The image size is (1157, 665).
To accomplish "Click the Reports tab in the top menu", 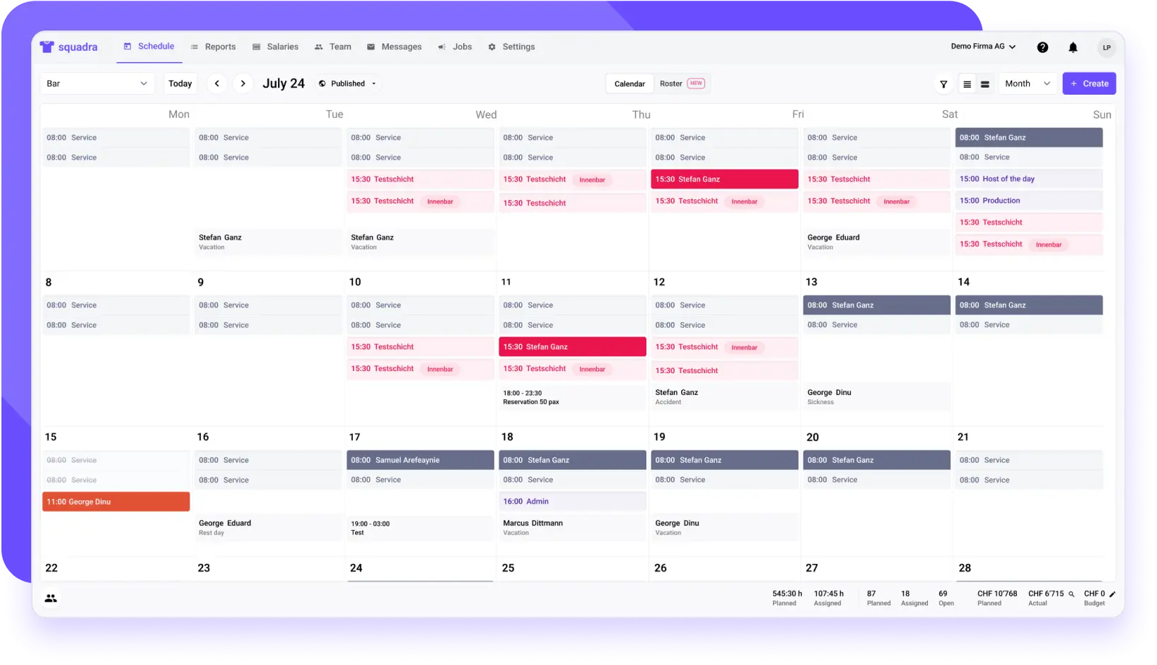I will pos(214,47).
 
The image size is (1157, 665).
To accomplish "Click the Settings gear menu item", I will pos(511,47).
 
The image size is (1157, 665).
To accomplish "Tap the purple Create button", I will pos(1088,83).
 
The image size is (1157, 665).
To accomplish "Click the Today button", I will pos(180,83).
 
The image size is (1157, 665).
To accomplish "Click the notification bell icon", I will pos(1073,47).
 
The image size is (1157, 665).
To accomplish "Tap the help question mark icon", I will pos(1042,47).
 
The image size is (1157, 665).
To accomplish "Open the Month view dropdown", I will pos(1027,83).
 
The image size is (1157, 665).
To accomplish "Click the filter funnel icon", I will pos(943,84).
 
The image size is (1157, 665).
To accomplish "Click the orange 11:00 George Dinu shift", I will pos(116,502).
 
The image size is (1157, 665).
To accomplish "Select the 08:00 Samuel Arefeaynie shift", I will pos(420,460).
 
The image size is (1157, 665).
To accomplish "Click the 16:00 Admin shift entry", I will pos(572,501).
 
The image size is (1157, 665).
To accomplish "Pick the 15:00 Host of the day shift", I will pos(1028,179).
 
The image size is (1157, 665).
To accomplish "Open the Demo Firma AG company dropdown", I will pos(983,47).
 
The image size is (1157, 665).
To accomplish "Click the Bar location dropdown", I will pos(97,83).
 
